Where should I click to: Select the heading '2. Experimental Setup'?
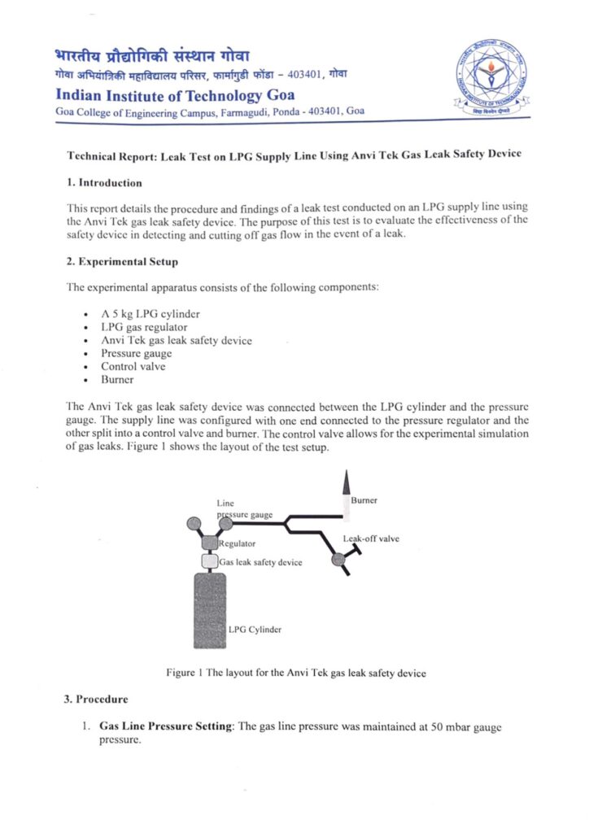point(122,262)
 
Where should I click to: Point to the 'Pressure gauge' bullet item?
point(137,354)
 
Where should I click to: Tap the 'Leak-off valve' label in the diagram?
point(371,539)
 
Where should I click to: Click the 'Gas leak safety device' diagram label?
point(260,562)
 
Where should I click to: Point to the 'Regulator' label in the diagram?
point(238,543)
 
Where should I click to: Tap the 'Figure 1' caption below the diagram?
point(295,673)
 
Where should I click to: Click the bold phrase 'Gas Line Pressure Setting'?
point(166,726)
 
